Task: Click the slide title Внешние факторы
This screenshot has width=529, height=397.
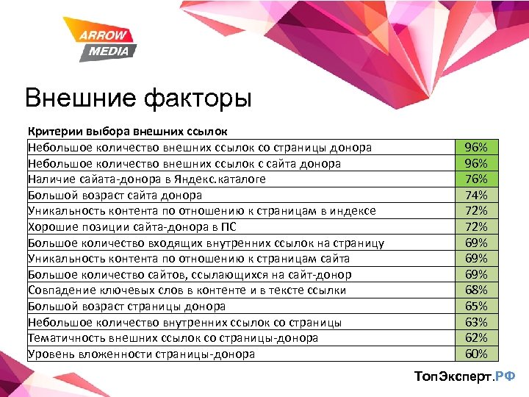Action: click(x=137, y=98)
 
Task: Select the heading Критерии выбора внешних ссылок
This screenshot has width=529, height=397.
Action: click(x=128, y=132)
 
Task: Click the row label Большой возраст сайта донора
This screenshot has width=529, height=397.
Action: click(x=115, y=195)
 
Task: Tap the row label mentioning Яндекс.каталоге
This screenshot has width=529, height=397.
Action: click(x=147, y=179)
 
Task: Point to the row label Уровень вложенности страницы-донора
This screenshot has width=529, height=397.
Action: click(x=142, y=354)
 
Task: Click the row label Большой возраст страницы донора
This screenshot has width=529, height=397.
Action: click(x=126, y=306)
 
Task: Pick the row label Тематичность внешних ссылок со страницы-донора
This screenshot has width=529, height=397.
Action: click(x=173, y=338)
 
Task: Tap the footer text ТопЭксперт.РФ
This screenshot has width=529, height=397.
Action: click(x=465, y=376)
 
